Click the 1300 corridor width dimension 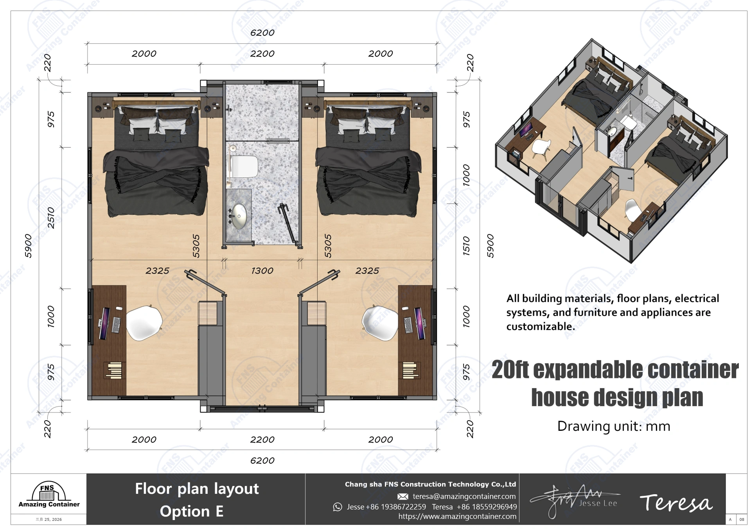pos(262,270)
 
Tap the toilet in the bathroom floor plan pos(245,166)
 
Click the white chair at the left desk pos(144,323)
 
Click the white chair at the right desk pos(380,323)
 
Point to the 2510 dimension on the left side pos(51,218)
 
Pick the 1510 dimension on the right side pos(466,246)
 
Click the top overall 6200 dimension pos(262,33)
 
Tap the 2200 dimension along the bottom pos(262,439)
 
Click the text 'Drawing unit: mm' pos(613,426)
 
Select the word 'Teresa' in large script pos(676,503)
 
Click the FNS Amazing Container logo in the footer pos(49,495)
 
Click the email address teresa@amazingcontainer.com pos(464,496)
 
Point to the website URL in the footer pos(457,517)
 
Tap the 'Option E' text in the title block pos(192,511)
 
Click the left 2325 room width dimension pos(157,270)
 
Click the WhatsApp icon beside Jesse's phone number pos(337,507)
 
